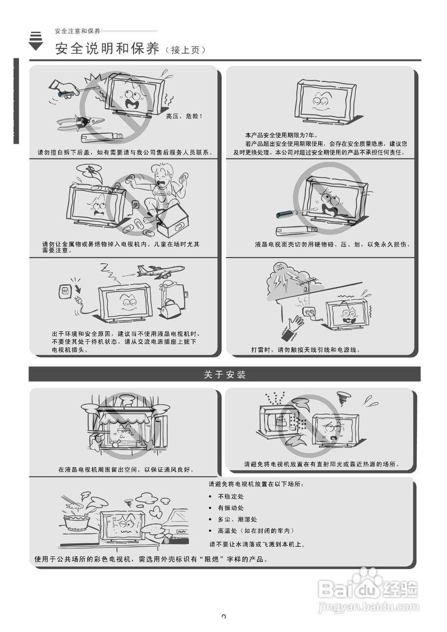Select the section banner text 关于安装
225,375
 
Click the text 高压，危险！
184,117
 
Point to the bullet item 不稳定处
231,497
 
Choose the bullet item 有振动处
231,508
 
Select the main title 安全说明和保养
108,49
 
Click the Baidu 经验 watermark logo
368,590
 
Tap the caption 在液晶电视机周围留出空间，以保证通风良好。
126,470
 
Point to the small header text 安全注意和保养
78,31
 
